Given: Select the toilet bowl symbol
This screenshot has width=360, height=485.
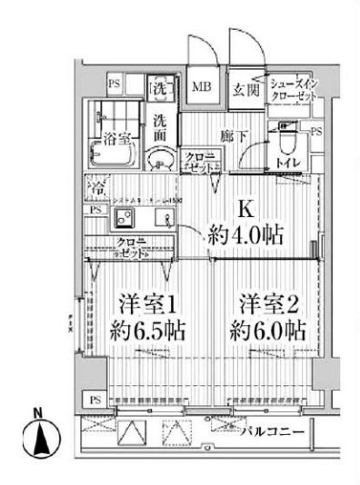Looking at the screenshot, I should (x=285, y=142).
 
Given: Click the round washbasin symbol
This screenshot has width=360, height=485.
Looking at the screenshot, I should (x=160, y=159).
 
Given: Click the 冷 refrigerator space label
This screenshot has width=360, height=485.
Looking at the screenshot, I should (x=96, y=188).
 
